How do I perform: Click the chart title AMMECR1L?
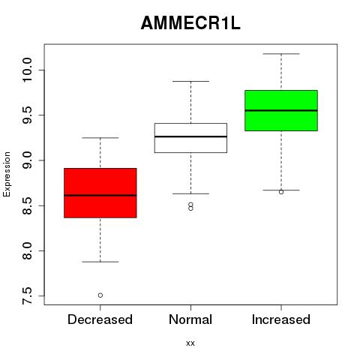(190, 23)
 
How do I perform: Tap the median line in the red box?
(100, 195)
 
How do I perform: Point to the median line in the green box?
(281, 110)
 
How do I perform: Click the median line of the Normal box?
(190, 136)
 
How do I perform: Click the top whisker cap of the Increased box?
(281, 54)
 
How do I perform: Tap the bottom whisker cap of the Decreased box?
(100, 262)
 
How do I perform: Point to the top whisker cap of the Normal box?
(190, 81)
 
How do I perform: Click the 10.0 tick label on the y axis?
(27, 70)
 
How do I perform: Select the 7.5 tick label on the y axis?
(27, 296)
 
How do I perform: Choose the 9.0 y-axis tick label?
(27, 160)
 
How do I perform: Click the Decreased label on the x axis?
(100, 319)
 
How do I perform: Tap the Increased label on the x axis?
(281, 319)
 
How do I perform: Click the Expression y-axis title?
(7, 174)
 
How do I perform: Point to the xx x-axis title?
(190, 343)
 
